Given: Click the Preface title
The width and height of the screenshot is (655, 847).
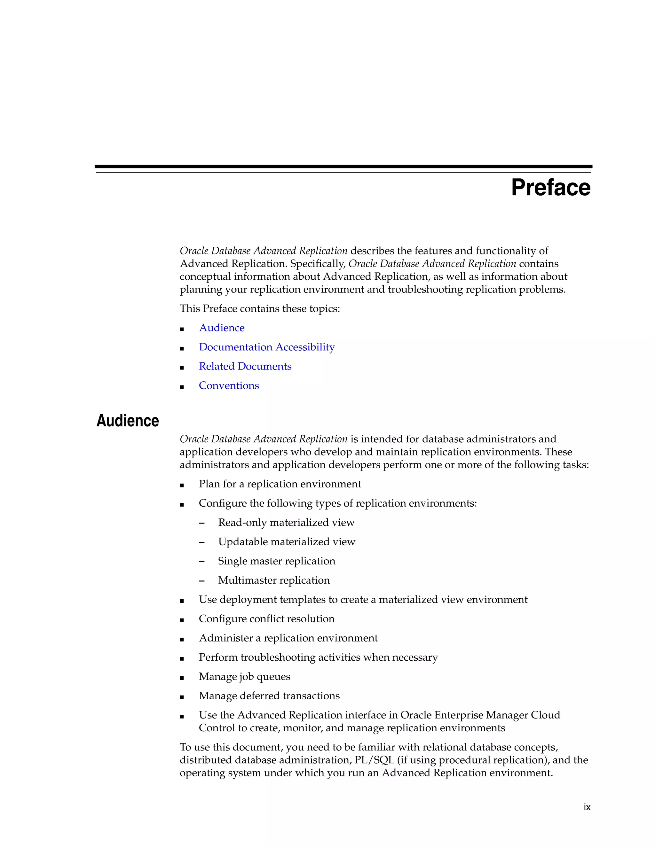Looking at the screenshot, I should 551,188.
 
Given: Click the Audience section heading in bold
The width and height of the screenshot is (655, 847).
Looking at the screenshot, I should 128,421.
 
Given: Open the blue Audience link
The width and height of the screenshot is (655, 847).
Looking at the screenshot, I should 222,328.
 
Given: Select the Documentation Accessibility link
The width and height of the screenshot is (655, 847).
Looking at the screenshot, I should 267,347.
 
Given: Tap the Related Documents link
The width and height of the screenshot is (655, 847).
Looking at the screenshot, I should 245,367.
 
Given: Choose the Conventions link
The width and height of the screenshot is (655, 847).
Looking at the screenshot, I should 229,386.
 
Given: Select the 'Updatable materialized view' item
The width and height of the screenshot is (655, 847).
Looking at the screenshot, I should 286,542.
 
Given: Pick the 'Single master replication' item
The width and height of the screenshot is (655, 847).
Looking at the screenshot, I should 276,561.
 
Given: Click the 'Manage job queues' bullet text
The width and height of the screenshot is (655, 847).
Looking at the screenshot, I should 244,677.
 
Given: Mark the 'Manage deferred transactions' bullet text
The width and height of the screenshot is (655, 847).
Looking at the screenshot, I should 269,696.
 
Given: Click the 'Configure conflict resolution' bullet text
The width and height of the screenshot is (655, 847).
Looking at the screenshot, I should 267,619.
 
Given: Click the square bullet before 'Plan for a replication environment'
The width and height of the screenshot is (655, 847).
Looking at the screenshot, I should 182,485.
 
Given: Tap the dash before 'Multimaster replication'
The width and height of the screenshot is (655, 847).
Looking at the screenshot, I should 201,580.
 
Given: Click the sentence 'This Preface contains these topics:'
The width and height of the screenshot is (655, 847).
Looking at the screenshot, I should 260,309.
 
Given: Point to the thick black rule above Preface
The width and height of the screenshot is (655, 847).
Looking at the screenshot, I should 343,167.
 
